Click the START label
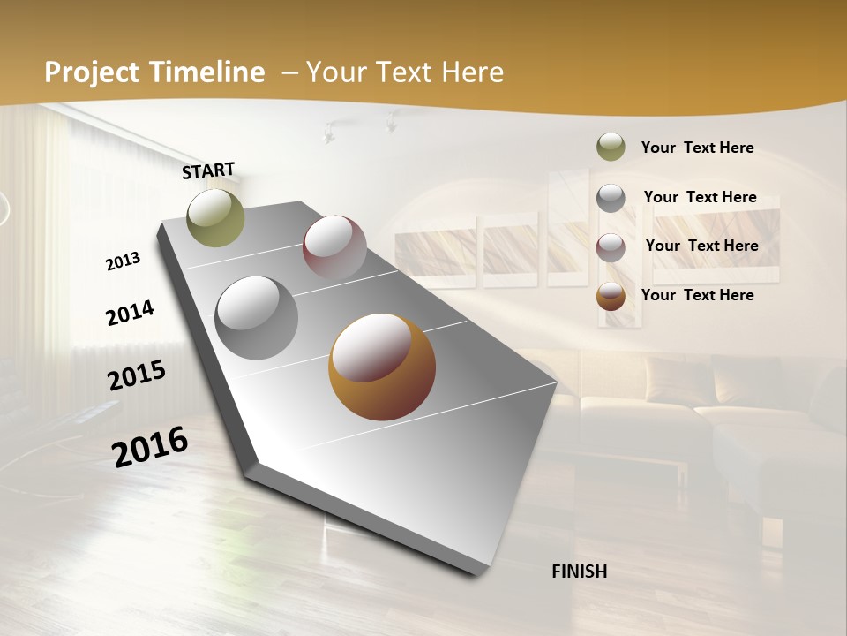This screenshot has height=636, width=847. pyautogui.click(x=208, y=170)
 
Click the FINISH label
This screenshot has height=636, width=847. pyautogui.click(x=580, y=572)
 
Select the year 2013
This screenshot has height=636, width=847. pyautogui.click(x=124, y=261)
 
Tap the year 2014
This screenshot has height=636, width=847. pyautogui.click(x=130, y=314)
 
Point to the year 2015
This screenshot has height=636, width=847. pyautogui.click(x=137, y=375)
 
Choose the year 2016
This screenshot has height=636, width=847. pyautogui.click(x=150, y=446)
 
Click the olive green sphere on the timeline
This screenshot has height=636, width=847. pyautogui.click(x=215, y=217)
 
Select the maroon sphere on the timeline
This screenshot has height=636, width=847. pyautogui.click(x=334, y=247)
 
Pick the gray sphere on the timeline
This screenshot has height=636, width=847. pyautogui.click(x=256, y=318)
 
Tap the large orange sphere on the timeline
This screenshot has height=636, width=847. pyautogui.click(x=382, y=367)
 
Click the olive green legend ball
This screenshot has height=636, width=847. pyautogui.click(x=611, y=148)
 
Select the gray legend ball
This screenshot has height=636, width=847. pyautogui.click(x=611, y=198)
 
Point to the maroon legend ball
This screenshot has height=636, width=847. pyautogui.click(x=611, y=247)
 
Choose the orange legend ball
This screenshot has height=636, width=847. pyautogui.click(x=611, y=297)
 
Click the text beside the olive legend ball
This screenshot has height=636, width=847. pyautogui.click(x=697, y=148)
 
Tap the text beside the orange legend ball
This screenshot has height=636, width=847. pyautogui.click(x=697, y=295)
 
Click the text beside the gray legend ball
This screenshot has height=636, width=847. pyautogui.click(x=700, y=197)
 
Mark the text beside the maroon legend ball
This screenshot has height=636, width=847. pyautogui.click(x=701, y=246)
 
